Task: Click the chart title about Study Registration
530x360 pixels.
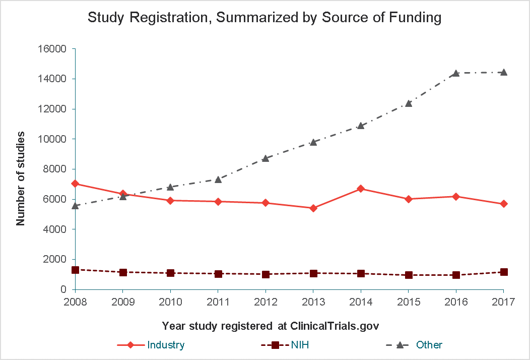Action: (264, 17)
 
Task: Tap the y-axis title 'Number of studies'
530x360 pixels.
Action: (21, 178)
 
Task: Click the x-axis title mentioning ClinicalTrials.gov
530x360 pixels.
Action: (271, 326)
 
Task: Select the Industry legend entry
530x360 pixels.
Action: (151, 345)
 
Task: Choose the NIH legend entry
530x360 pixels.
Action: (285, 345)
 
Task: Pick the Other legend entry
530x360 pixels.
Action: (414, 345)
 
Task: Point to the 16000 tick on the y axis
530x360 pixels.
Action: (52, 49)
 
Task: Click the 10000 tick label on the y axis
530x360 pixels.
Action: (52, 139)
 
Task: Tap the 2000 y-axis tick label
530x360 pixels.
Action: (55, 259)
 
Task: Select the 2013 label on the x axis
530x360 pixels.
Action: (313, 302)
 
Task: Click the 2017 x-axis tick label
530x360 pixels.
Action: (504, 302)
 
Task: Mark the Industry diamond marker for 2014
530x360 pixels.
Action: (361, 189)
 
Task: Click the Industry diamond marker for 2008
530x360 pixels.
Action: (76, 184)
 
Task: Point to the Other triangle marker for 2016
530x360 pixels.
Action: (456, 73)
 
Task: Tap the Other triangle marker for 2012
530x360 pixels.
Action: (266, 158)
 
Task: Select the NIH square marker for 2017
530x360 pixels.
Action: (504, 272)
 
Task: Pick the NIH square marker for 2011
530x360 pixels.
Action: (218, 274)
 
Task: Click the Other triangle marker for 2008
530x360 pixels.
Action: (76, 205)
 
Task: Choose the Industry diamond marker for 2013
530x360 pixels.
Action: (313, 208)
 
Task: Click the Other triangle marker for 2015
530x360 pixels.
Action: (409, 103)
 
